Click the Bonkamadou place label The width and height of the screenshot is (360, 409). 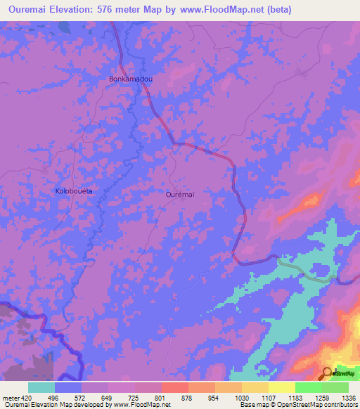[131, 79]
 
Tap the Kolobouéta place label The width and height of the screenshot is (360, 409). [74, 191]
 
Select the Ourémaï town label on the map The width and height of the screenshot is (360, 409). [179, 193]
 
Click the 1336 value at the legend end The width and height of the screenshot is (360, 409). [349, 397]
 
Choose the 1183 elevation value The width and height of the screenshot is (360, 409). [295, 397]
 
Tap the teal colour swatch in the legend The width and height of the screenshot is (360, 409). [41, 387]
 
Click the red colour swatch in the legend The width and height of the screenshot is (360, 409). [175, 387]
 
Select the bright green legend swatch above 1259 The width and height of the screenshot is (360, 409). [309, 387]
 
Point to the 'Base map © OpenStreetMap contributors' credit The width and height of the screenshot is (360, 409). [297, 405]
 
